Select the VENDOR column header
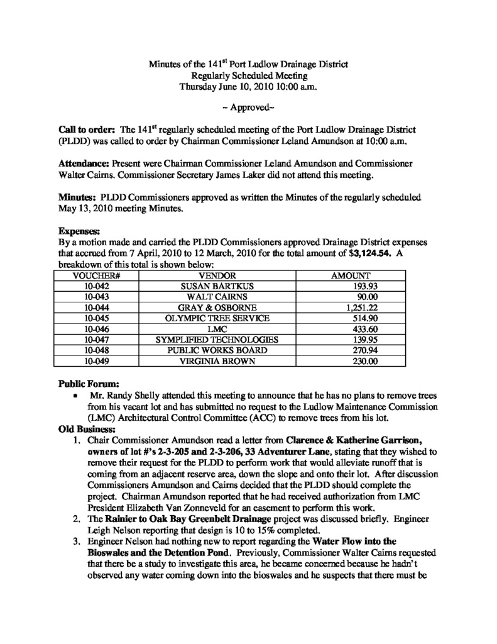217,275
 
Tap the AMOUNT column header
351,275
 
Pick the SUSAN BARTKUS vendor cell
217,286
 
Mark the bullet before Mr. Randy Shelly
75,397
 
